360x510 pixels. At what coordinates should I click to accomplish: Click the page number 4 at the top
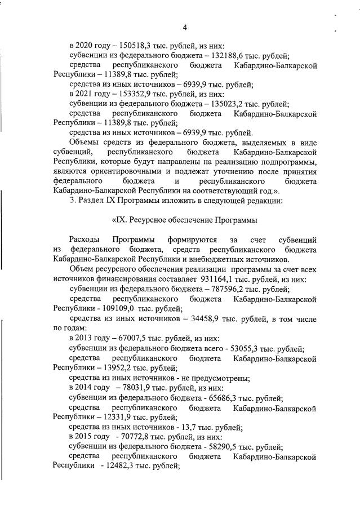[184, 27]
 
